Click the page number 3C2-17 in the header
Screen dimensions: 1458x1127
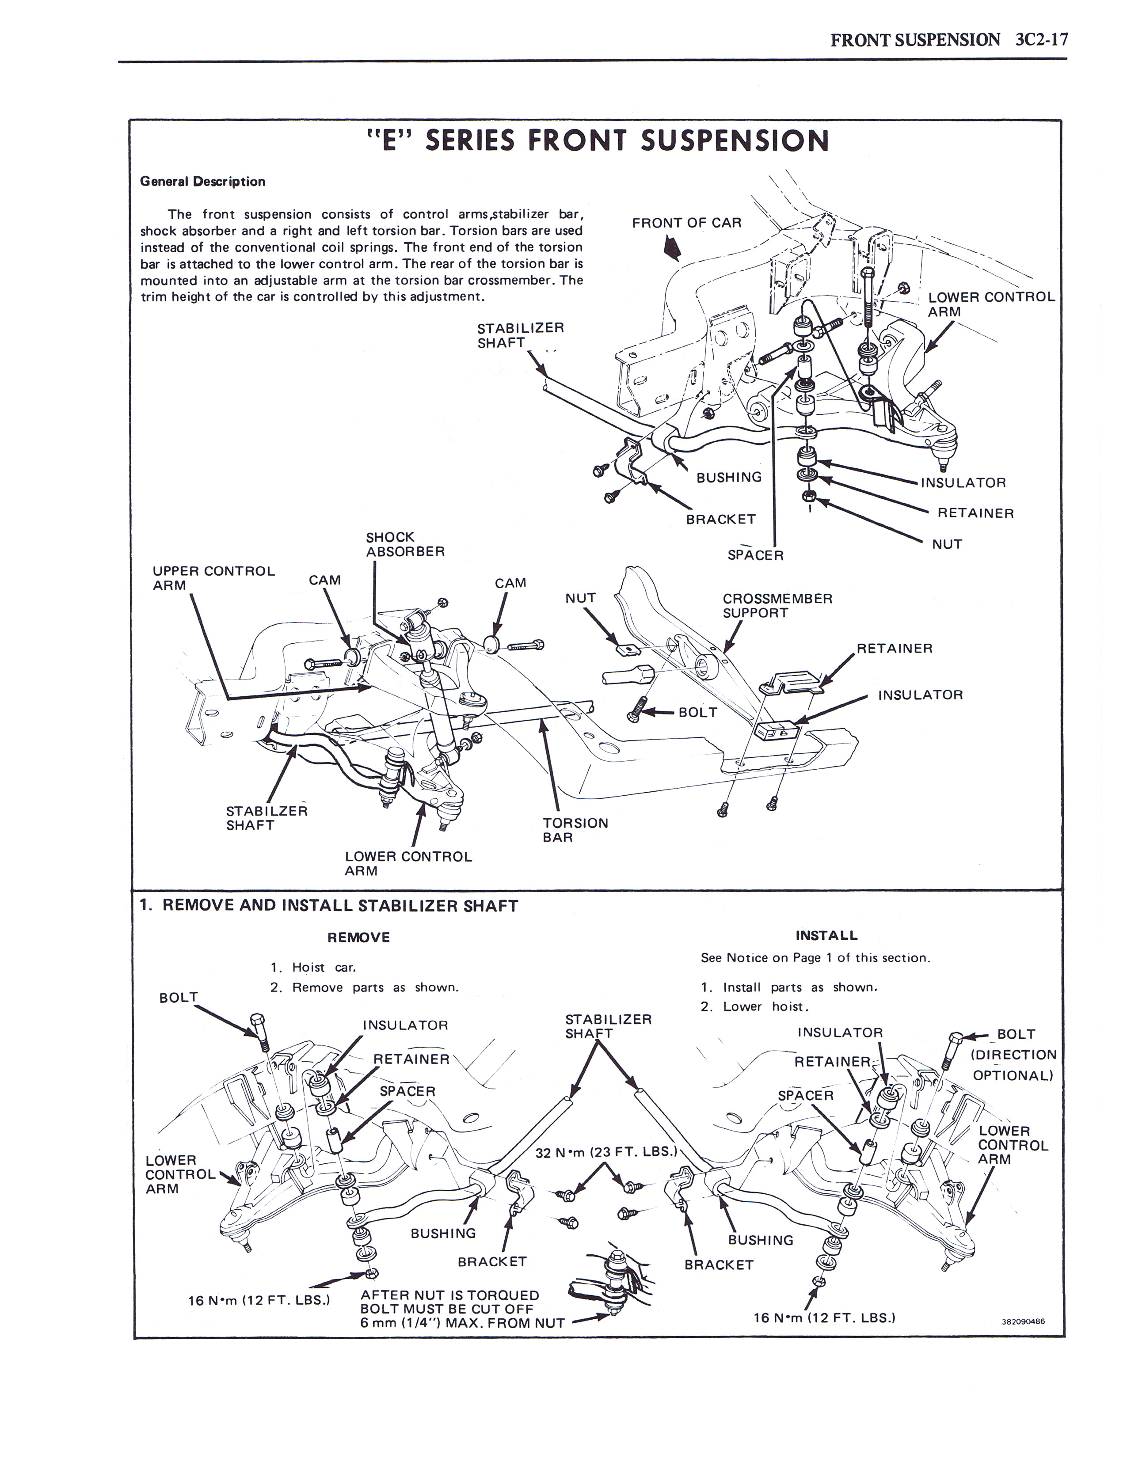[x=1041, y=40]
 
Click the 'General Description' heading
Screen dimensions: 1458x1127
[x=202, y=182]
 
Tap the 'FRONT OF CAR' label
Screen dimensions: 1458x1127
[x=686, y=223]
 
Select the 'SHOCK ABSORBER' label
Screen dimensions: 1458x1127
[x=404, y=544]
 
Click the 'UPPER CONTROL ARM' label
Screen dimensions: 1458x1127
[x=213, y=578]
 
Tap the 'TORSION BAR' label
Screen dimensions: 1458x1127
[x=575, y=830]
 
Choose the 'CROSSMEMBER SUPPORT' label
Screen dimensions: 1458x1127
[x=777, y=605]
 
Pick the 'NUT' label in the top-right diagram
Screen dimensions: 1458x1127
[x=947, y=544]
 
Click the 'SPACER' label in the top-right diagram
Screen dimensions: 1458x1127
[x=755, y=555]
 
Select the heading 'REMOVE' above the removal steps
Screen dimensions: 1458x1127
[x=358, y=937]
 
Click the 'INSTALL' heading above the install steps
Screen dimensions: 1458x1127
[x=826, y=935]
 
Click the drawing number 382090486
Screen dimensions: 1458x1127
[x=1023, y=1321]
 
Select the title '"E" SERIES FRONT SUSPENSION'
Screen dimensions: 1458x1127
[x=598, y=141]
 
